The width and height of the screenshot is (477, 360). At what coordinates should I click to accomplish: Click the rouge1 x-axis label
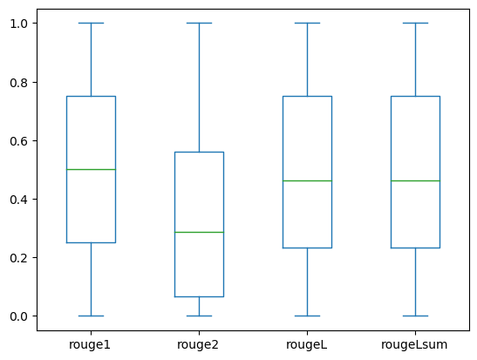pos(90,345)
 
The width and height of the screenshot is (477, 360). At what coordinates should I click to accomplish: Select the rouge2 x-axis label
pos(198,345)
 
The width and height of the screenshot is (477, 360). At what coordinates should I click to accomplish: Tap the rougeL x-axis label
pos(306,345)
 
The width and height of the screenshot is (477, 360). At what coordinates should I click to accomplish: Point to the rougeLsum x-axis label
pos(414,345)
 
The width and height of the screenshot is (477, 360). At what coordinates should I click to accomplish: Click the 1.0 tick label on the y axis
pos(19,24)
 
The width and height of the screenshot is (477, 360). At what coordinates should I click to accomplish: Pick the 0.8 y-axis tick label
pos(19,83)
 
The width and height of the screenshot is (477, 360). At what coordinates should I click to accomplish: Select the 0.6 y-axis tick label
pos(19,141)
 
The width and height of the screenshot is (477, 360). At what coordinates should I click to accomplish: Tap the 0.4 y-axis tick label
pos(19,200)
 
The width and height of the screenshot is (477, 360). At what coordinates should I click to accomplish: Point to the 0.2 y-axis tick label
pos(19,258)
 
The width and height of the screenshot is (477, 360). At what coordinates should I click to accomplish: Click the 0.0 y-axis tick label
pos(19,316)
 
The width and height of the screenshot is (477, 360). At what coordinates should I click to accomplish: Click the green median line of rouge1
pos(92,169)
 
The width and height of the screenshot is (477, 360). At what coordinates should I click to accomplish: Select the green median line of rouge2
pos(199,232)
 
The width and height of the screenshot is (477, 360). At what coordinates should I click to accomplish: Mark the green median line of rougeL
pos(307,181)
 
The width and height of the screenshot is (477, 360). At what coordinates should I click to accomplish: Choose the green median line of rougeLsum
pos(416,181)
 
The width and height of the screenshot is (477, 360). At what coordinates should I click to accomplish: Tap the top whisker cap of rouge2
pos(199,24)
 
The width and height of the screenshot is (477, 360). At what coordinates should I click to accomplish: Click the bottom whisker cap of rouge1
pos(92,316)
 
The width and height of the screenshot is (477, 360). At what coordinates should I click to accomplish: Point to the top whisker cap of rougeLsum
pos(416,24)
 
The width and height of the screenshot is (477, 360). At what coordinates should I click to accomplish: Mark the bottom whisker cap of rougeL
pos(307,316)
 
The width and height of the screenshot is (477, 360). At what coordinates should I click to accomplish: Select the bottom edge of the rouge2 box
pos(199,296)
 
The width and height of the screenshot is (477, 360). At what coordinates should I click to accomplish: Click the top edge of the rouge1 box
pos(92,97)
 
